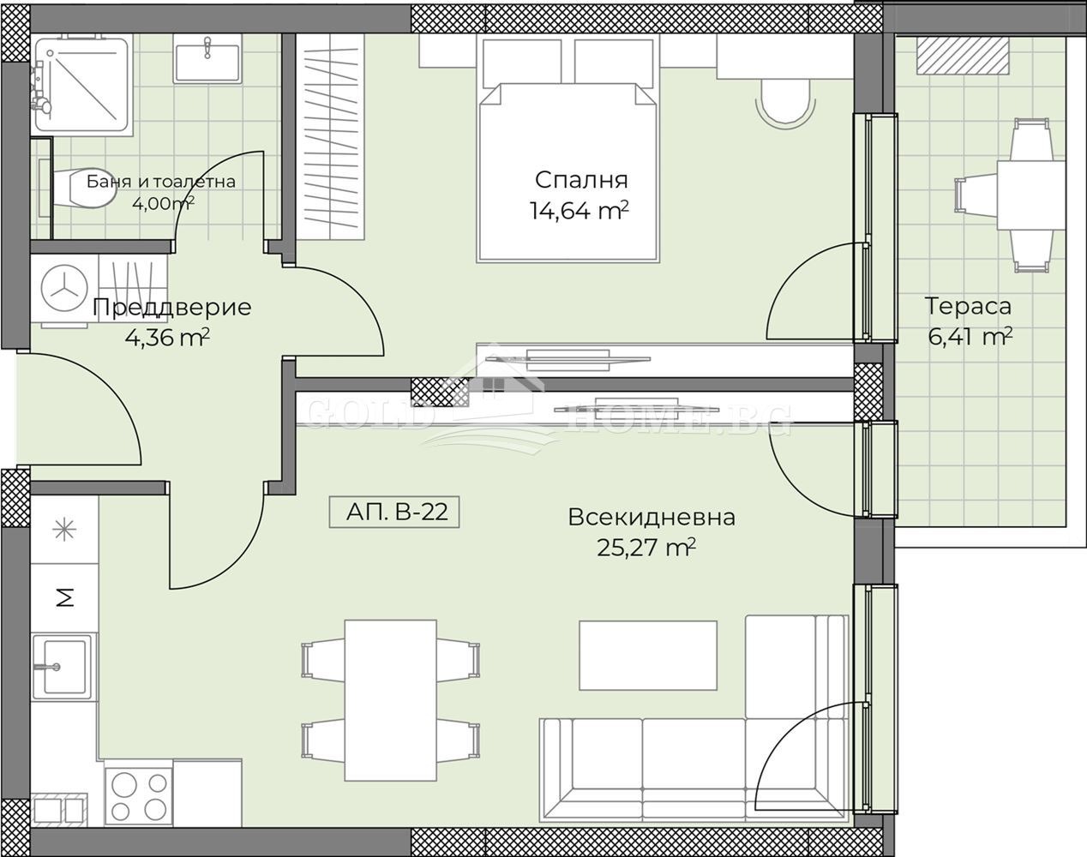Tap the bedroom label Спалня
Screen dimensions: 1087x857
(581, 180)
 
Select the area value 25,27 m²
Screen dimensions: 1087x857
(646, 548)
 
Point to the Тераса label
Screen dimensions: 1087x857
(968, 307)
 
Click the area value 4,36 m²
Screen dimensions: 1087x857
(167, 337)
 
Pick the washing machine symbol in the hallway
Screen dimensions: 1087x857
(63, 290)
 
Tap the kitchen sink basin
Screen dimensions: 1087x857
(63, 667)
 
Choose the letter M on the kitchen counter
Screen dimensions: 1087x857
(65, 598)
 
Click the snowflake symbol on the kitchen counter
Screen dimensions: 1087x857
(65, 530)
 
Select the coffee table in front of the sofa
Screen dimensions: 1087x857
(648, 656)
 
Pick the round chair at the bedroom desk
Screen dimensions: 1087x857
(785, 105)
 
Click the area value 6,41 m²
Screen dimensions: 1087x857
(970, 336)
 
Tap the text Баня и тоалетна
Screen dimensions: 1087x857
(161, 182)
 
